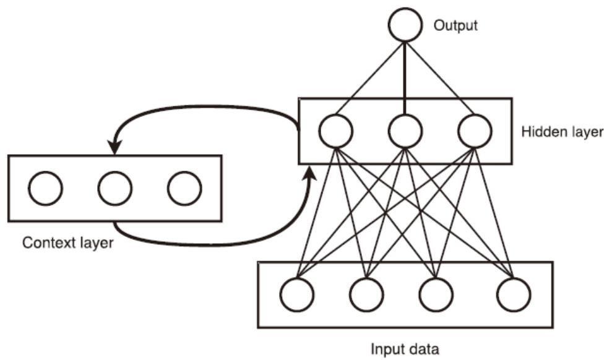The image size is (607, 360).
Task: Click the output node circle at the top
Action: (x=405, y=25)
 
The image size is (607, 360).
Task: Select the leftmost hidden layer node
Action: (x=336, y=131)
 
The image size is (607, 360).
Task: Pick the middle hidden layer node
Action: (x=405, y=131)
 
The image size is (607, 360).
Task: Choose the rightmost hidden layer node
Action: (x=475, y=131)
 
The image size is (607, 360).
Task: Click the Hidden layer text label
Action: (x=562, y=132)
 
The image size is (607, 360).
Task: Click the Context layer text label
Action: (x=67, y=242)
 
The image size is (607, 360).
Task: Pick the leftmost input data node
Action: (x=297, y=294)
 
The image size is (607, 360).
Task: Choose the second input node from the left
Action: (x=366, y=294)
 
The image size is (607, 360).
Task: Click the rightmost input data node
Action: (x=514, y=294)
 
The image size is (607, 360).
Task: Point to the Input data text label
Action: (x=405, y=349)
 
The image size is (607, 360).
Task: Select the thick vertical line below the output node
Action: (x=405, y=77)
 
